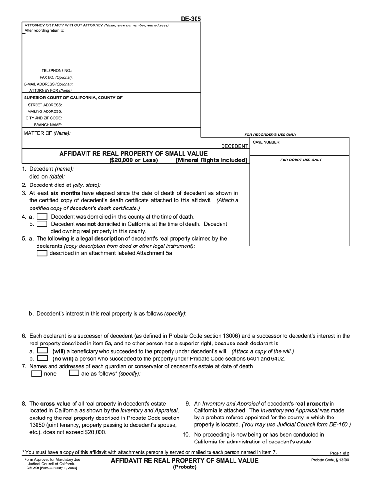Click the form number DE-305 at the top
click(x=191, y=19)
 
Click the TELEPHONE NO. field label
click(x=56, y=71)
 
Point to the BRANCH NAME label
click(x=48, y=124)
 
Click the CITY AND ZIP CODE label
click(x=43, y=118)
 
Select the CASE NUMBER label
click(x=266, y=142)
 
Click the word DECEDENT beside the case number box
click(x=234, y=145)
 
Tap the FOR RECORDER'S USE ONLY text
click(x=271, y=135)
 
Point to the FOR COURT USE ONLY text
click(x=301, y=160)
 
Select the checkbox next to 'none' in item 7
click(x=36, y=373)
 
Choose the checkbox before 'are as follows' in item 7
click(x=74, y=373)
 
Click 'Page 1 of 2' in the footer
click(x=339, y=453)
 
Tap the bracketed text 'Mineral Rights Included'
click(x=211, y=160)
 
